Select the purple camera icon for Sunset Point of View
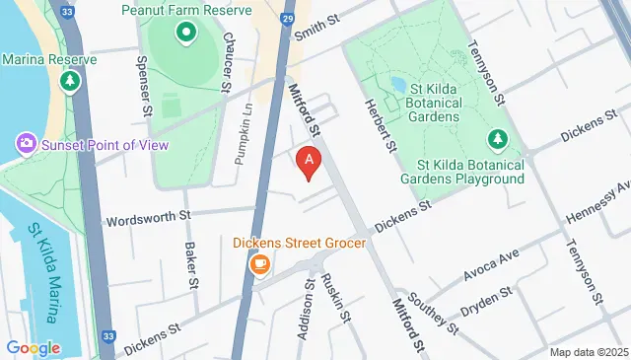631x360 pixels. pos(26,145)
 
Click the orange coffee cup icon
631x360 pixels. pos(260,264)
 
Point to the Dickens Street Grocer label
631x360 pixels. pos(300,243)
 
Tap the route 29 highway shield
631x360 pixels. pos(286,19)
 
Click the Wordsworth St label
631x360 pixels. pos(147,217)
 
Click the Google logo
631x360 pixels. pos(33,348)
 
